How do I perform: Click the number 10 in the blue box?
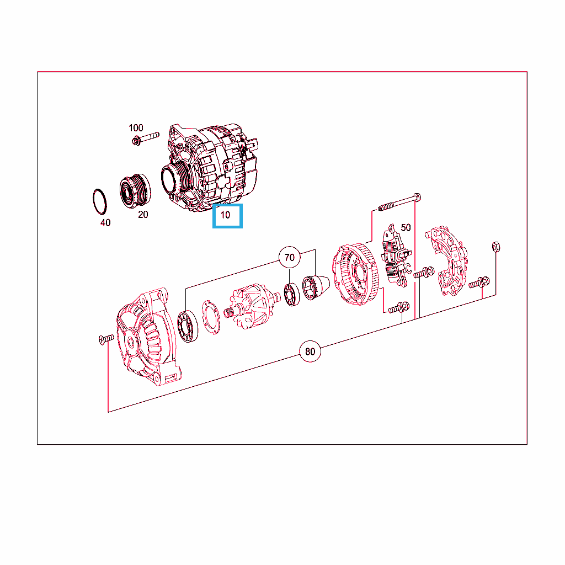[x=225, y=215]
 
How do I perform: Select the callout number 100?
[x=136, y=128]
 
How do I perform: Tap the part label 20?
[x=143, y=215]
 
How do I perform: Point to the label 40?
[x=105, y=223]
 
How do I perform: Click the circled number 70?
[x=290, y=257]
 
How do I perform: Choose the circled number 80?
[x=310, y=351]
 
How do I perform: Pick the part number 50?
[x=406, y=228]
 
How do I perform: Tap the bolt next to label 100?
[x=146, y=138]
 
